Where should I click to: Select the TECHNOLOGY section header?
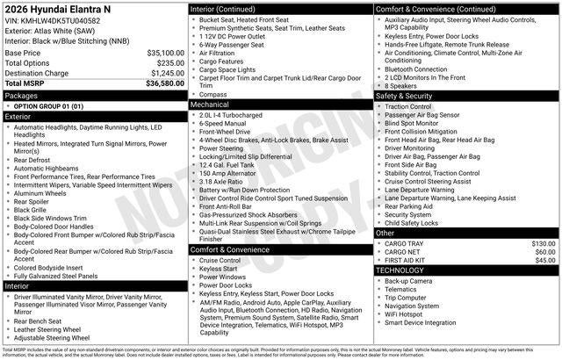[x=400, y=270]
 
